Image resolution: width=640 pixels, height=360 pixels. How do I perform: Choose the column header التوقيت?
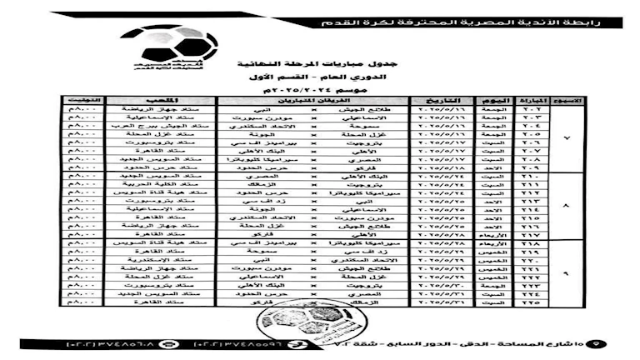(x=81, y=101)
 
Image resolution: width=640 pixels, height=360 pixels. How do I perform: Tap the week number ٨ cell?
(x=567, y=206)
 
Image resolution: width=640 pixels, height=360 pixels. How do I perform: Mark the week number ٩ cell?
(x=567, y=272)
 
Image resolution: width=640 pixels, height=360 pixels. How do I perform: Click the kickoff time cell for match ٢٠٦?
(x=81, y=142)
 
